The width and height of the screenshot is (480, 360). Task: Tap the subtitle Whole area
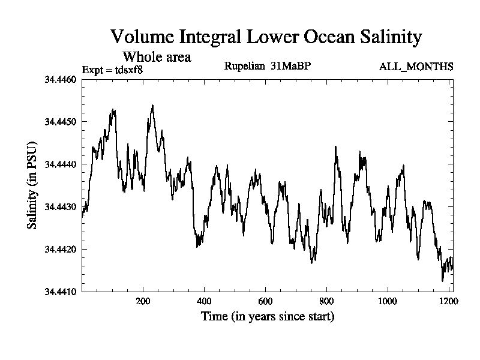click(157, 57)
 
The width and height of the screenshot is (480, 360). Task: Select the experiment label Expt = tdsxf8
click(112, 70)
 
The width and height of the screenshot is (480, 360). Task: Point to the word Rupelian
click(244, 65)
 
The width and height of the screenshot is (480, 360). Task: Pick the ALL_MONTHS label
click(416, 66)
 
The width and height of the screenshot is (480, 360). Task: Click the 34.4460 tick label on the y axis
click(61, 79)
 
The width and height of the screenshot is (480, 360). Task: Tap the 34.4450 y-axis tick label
click(61, 122)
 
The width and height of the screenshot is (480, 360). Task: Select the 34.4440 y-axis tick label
click(61, 164)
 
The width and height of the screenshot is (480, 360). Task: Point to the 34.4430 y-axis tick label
click(61, 206)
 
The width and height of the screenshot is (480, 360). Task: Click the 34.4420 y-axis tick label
click(61, 249)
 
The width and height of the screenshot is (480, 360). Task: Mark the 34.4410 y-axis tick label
click(61, 292)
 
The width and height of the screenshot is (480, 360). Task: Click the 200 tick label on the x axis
click(143, 301)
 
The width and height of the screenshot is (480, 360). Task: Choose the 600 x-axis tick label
click(265, 301)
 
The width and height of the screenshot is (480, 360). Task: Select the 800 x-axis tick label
click(326, 301)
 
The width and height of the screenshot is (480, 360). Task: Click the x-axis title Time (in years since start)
click(267, 316)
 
